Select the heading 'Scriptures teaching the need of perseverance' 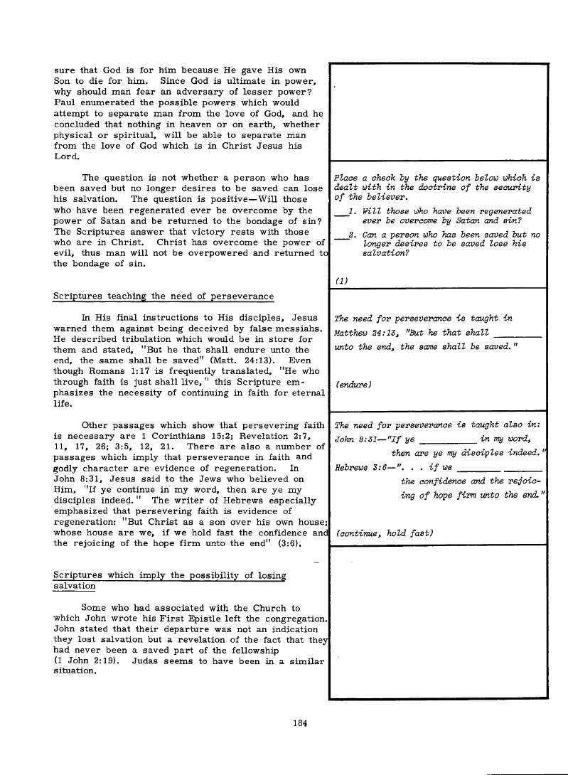point(164,296)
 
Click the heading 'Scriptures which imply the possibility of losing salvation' point(169,580)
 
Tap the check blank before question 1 point(339,213)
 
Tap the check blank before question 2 point(339,235)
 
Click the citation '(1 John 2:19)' point(85,662)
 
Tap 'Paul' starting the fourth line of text point(65,102)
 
